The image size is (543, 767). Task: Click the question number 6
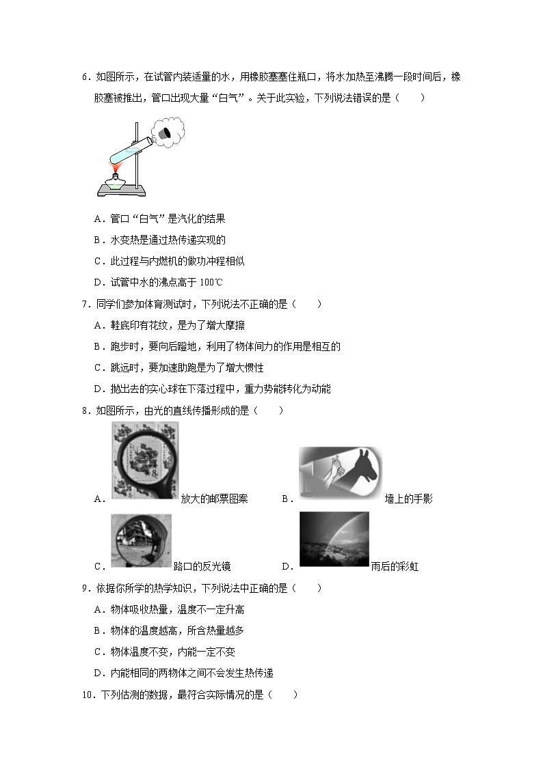(x=85, y=78)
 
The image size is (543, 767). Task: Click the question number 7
(x=85, y=304)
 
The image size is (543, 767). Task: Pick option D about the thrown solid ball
(x=212, y=389)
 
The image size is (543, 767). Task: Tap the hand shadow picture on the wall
(x=340, y=473)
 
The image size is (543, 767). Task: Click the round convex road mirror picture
(x=140, y=541)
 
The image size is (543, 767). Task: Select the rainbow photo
(x=334, y=539)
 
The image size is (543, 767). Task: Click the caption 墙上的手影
(x=408, y=499)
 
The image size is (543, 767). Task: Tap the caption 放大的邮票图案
(x=214, y=499)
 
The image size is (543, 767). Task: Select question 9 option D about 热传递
(x=183, y=673)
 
